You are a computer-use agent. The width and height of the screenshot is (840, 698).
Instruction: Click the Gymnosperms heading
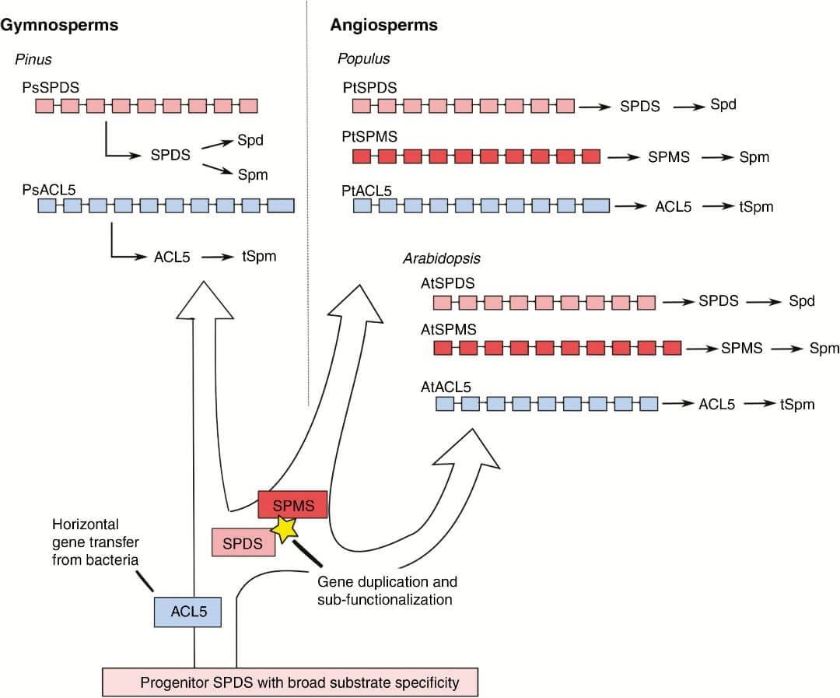(x=59, y=25)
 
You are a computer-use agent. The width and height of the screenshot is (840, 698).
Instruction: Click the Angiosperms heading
(x=383, y=25)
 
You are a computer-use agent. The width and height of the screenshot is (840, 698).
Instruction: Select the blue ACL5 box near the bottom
(x=188, y=612)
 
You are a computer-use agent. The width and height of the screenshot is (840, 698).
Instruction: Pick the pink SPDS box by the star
(x=243, y=542)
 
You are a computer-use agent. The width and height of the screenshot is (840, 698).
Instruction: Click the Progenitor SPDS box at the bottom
(x=289, y=682)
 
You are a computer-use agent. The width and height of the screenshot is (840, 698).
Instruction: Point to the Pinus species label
(x=33, y=59)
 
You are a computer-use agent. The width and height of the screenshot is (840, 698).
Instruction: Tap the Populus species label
(x=363, y=59)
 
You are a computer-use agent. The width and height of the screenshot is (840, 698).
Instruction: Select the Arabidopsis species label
(x=439, y=258)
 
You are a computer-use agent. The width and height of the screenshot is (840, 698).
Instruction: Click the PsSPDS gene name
(x=51, y=86)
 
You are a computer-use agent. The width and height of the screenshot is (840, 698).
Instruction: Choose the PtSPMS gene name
(x=369, y=137)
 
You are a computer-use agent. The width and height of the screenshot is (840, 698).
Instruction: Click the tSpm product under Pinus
(x=259, y=255)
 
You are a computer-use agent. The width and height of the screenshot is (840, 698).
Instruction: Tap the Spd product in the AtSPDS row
(x=801, y=300)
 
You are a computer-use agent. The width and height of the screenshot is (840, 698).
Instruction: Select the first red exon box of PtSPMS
(x=361, y=156)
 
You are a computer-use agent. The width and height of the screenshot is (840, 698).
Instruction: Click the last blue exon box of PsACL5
(x=281, y=205)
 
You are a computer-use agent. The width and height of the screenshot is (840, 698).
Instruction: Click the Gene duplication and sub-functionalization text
(x=387, y=591)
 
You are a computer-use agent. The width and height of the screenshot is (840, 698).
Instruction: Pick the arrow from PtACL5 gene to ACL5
(x=630, y=206)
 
